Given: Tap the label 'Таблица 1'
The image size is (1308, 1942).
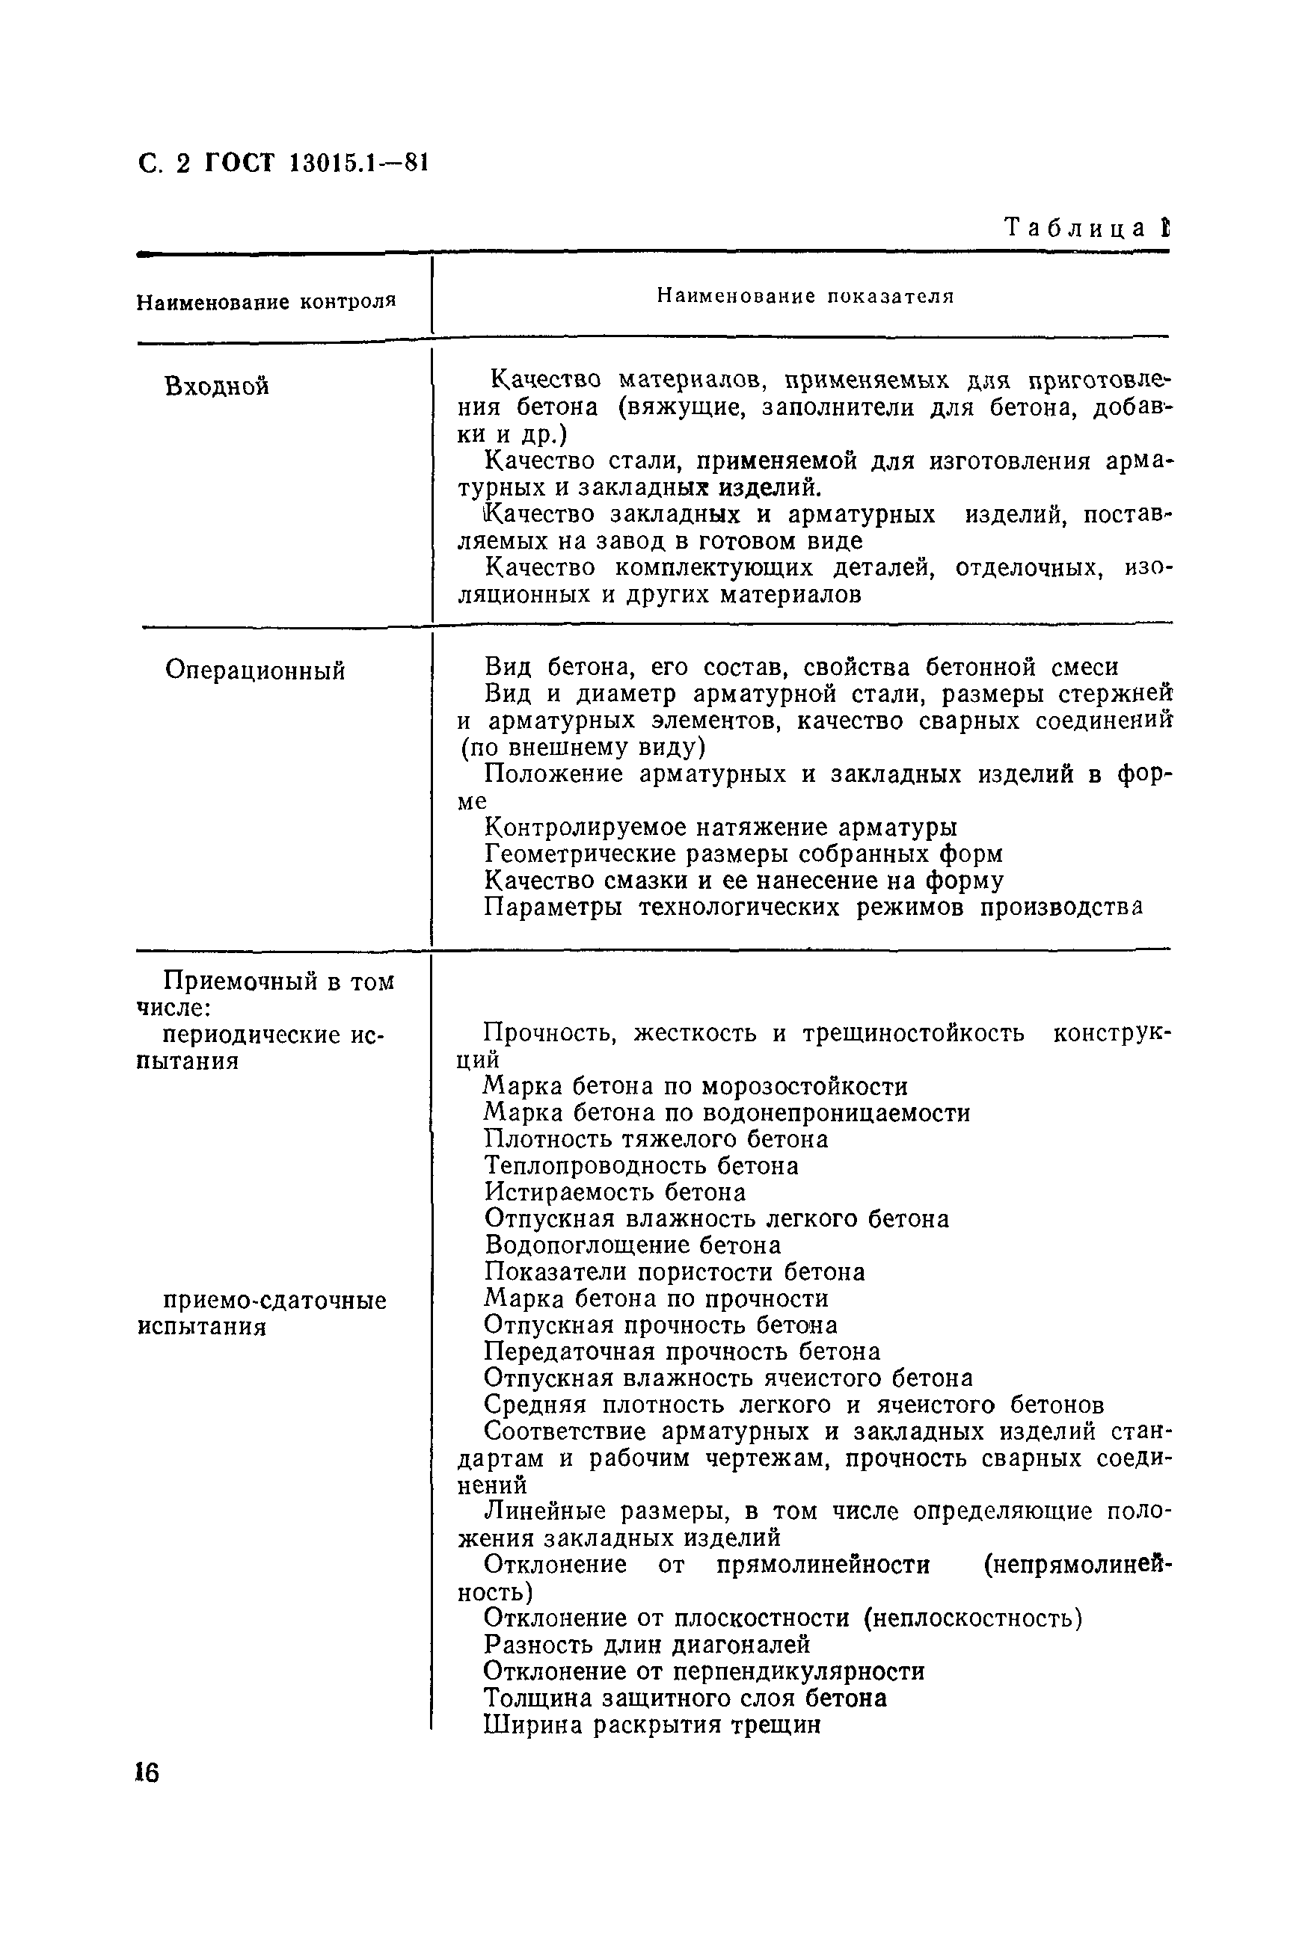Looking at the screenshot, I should pos(1086,228).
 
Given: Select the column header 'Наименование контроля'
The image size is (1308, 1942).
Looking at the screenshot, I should pos(265,302).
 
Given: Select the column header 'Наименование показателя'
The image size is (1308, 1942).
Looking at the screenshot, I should pos(804,296).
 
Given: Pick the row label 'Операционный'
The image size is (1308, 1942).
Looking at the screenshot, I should pos(254,671).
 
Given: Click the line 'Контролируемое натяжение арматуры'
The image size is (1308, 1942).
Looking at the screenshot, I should pos(721,828).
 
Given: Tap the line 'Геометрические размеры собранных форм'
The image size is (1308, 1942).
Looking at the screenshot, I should pos(743,854).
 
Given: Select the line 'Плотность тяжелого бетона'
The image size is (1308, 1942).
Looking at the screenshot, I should pos(656,1139).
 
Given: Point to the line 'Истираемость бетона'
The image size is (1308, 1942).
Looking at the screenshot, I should pos(615,1192).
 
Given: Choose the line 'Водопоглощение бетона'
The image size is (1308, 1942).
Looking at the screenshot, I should pos(632,1246).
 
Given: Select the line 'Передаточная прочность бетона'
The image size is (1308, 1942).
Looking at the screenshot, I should pos(681,1351).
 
